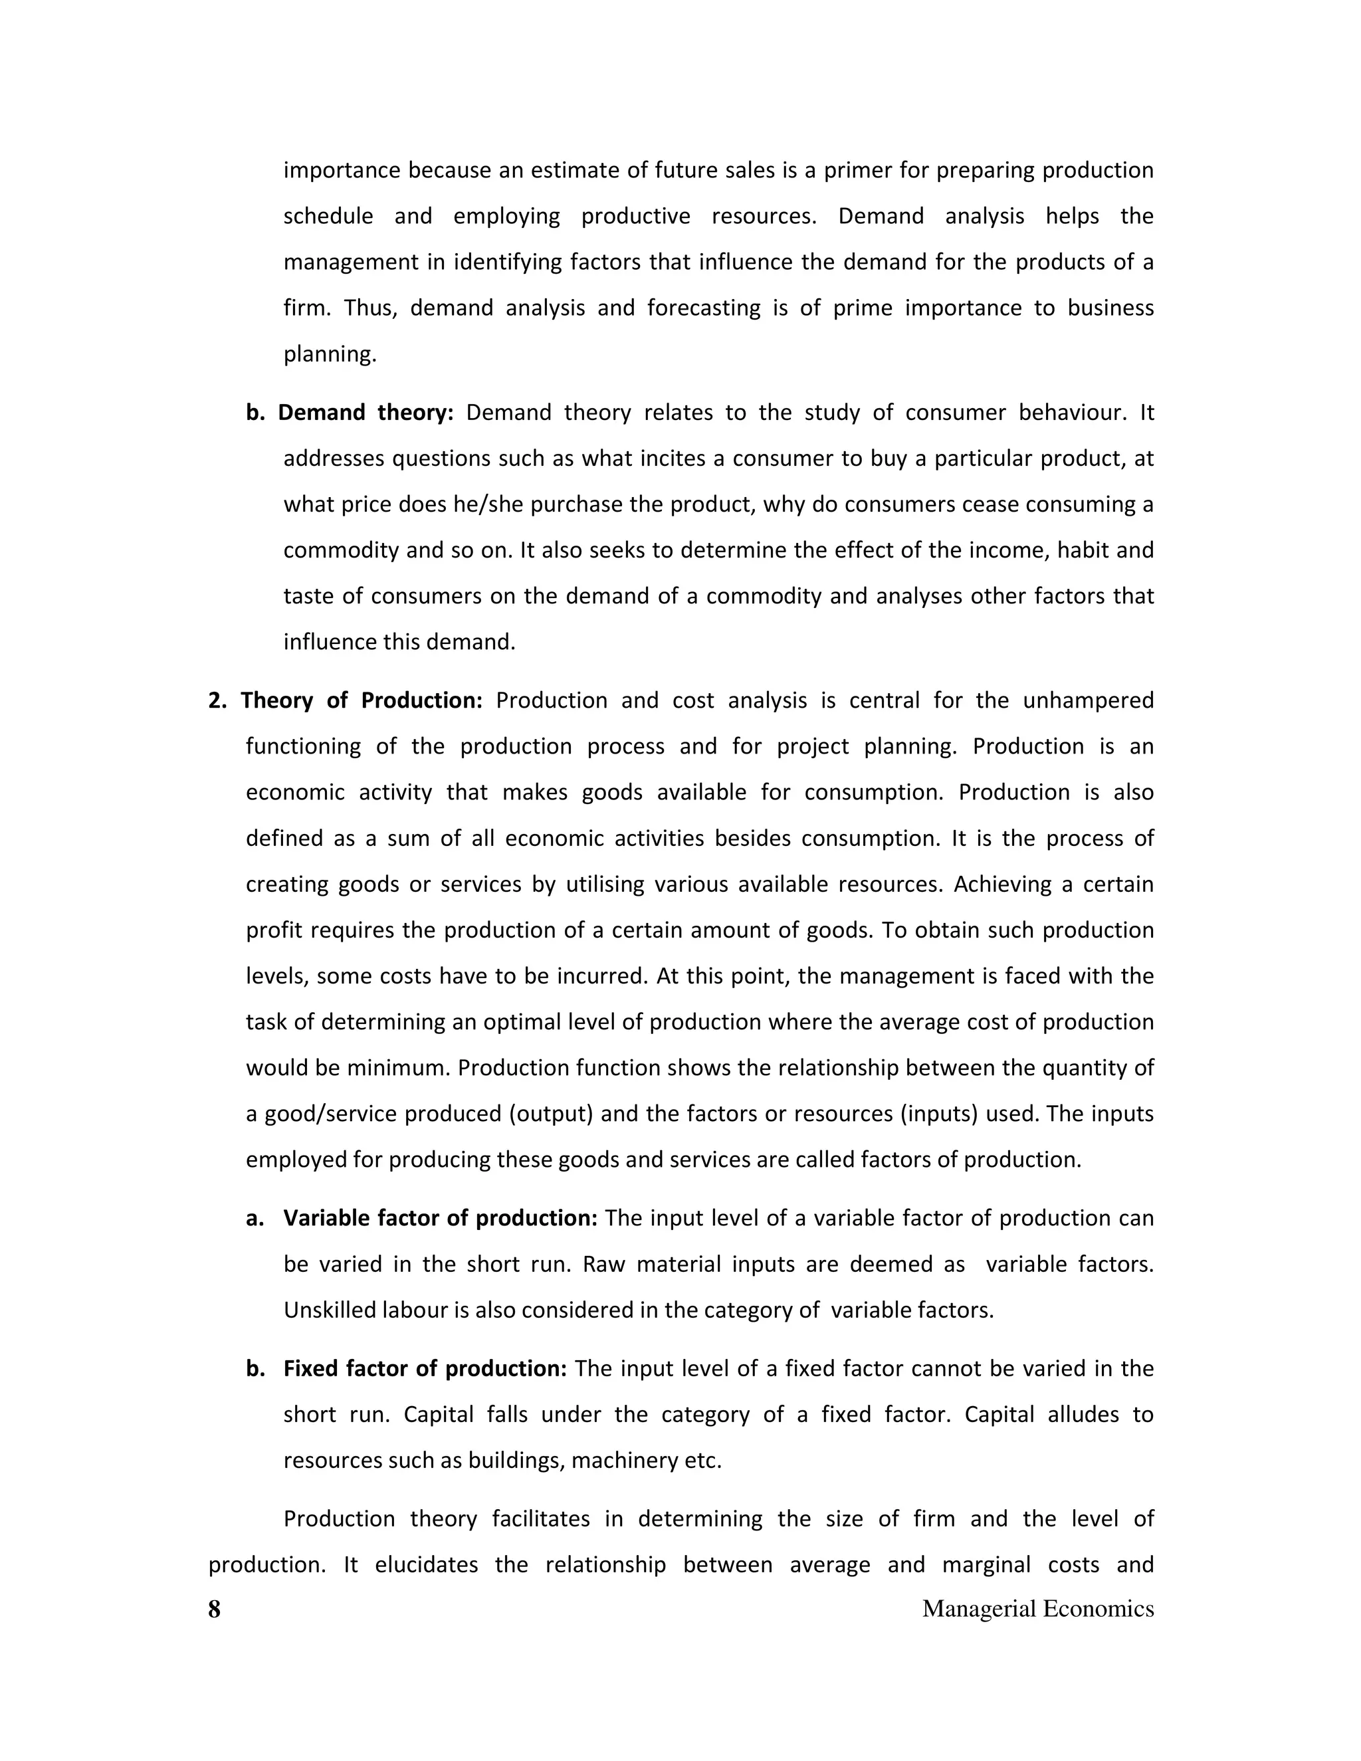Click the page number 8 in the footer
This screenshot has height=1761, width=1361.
click(214, 1609)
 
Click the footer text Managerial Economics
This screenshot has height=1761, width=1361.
click(1037, 1609)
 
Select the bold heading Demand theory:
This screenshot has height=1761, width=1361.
click(366, 413)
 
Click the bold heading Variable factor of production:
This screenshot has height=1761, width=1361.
click(440, 1217)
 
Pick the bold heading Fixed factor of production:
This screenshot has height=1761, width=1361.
click(425, 1368)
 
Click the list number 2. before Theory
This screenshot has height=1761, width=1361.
click(218, 700)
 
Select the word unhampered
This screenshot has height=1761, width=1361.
click(1088, 700)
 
